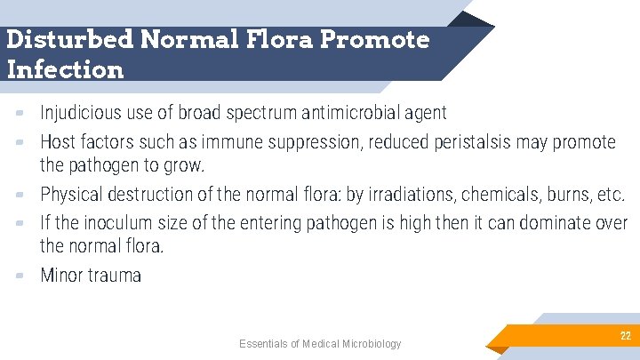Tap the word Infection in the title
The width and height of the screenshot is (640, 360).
[x=65, y=68]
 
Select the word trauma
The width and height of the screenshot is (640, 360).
[x=116, y=276]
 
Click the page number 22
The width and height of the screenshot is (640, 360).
[x=625, y=335]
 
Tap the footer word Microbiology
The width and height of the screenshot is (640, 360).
[x=367, y=344]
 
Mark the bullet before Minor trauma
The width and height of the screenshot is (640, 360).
[x=20, y=276]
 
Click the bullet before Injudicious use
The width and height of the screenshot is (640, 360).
[x=20, y=113]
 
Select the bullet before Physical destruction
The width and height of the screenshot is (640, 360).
[x=20, y=195]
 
